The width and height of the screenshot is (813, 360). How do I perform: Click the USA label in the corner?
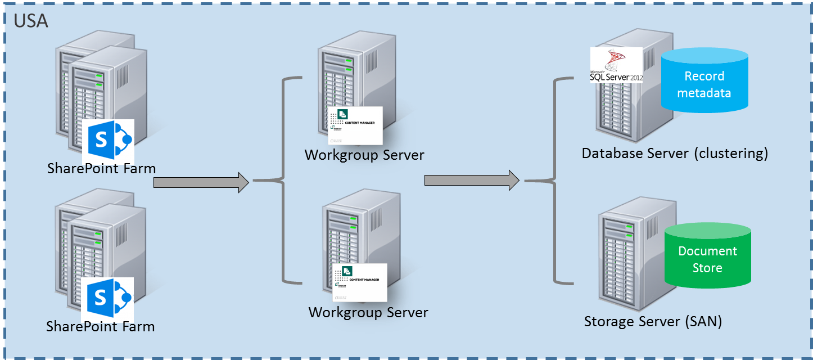pos(31,21)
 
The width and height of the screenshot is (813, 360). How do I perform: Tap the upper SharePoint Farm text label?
pos(101,168)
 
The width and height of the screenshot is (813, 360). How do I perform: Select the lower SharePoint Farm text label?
pos(100,327)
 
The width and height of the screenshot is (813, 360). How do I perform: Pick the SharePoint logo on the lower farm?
pos(107,298)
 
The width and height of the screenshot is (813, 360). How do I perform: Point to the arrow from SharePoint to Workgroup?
pos(201,182)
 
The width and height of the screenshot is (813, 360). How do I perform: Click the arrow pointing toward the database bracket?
pos(472,180)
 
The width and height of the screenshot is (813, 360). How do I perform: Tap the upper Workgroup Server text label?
pos(364,155)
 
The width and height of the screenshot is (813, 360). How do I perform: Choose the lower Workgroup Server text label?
pos(368,312)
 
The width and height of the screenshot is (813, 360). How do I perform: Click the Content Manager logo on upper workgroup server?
pos(356,125)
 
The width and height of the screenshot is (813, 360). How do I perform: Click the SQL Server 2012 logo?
pos(616,65)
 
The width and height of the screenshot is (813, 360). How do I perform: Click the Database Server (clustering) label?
pos(675,154)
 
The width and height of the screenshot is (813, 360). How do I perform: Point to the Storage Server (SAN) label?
pos(653,322)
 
